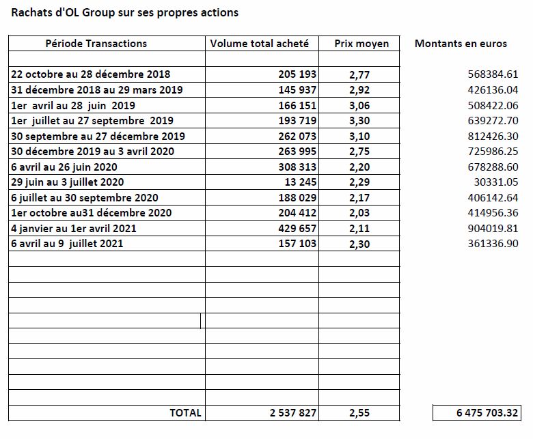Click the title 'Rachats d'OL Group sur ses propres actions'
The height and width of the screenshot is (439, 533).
pyautogui.click(x=125, y=12)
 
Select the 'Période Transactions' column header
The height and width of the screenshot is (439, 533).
pyautogui.click(x=96, y=44)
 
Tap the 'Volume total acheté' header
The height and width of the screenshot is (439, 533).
pyautogui.click(x=260, y=44)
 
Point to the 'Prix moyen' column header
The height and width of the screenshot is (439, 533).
pyautogui.click(x=361, y=44)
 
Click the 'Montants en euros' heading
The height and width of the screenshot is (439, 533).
pyautogui.click(x=461, y=44)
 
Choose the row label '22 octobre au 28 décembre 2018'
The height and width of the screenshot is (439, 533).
pyautogui.click(x=90, y=74)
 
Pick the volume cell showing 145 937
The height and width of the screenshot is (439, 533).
pyautogui.click(x=297, y=89)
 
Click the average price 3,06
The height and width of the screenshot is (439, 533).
pyautogui.click(x=359, y=106)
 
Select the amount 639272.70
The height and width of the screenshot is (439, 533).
pyautogui.click(x=493, y=121)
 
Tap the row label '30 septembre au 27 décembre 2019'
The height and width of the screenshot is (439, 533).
pyautogui.click(x=98, y=136)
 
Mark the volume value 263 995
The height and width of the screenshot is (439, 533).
pyautogui.click(x=297, y=151)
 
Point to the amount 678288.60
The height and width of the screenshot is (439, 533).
pyautogui.click(x=493, y=167)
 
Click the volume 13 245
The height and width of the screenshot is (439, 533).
pyautogui.click(x=301, y=182)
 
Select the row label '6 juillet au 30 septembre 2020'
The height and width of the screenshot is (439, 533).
pyautogui.click(x=85, y=197)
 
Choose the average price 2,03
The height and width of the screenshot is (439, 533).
pyautogui.click(x=359, y=213)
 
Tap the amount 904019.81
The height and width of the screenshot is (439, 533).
pyautogui.click(x=493, y=228)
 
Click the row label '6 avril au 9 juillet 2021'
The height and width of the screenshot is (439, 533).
pyautogui.click(x=67, y=244)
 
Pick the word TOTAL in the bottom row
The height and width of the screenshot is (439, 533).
pyautogui.click(x=185, y=412)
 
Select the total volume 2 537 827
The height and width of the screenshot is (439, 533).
pyautogui.click(x=293, y=412)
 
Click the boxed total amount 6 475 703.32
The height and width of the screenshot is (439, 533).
pyautogui.click(x=487, y=412)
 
